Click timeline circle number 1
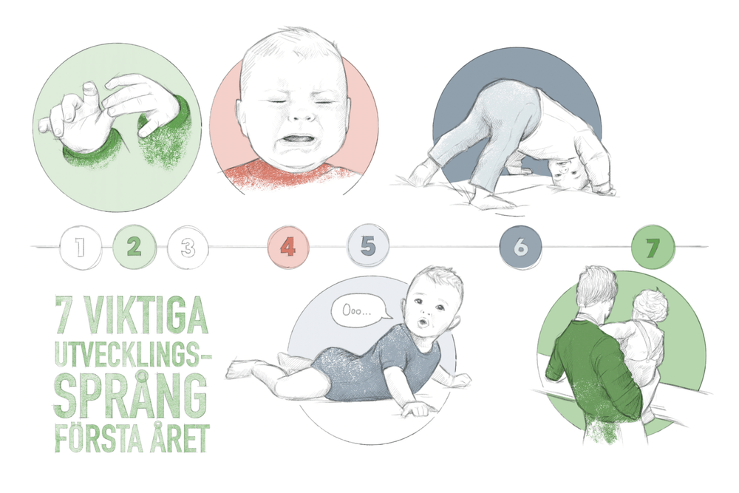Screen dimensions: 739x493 (80, 247)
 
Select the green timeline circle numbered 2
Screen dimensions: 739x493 (134, 247)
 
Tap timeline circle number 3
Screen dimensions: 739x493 (188, 247)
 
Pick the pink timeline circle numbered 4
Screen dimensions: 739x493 (288, 247)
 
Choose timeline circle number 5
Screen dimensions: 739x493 (368, 246)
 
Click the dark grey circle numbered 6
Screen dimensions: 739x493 (520, 247)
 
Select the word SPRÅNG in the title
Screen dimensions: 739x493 (131, 395)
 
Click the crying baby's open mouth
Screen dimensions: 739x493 (297, 140)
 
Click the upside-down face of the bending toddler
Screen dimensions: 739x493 (567, 172)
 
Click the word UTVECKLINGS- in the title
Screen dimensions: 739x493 (133, 353)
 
